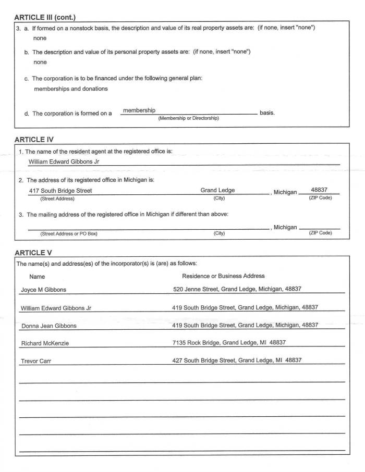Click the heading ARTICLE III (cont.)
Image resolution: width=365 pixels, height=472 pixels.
(x=45, y=17)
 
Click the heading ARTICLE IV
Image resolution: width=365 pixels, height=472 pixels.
(x=34, y=140)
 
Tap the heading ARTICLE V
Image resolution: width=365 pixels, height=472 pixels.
(x=33, y=253)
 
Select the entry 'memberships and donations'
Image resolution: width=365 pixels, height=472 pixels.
(x=71, y=89)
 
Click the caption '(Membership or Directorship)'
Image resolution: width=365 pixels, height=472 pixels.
(x=188, y=118)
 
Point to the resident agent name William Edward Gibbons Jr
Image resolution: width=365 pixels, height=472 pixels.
(x=64, y=162)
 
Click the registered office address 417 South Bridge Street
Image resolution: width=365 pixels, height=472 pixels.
(x=60, y=191)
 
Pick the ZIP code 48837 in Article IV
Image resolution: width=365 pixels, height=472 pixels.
(x=319, y=190)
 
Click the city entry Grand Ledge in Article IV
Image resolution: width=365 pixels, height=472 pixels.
(x=217, y=190)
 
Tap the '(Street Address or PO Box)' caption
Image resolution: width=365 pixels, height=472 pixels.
(x=69, y=233)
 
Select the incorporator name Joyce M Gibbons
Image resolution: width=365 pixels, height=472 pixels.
(x=43, y=290)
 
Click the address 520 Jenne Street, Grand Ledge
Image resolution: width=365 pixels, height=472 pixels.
(x=237, y=289)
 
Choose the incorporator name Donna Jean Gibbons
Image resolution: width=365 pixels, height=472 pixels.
(x=49, y=326)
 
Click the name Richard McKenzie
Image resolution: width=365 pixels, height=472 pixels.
(x=45, y=344)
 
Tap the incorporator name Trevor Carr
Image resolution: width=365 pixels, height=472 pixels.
(x=36, y=361)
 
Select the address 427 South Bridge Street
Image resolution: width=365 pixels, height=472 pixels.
(x=237, y=360)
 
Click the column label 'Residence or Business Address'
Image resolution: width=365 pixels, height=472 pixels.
(x=223, y=276)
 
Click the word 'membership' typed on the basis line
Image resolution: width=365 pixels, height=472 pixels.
(x=139, y=110)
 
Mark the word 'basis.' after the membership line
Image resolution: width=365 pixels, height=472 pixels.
(x=267, y=113)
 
